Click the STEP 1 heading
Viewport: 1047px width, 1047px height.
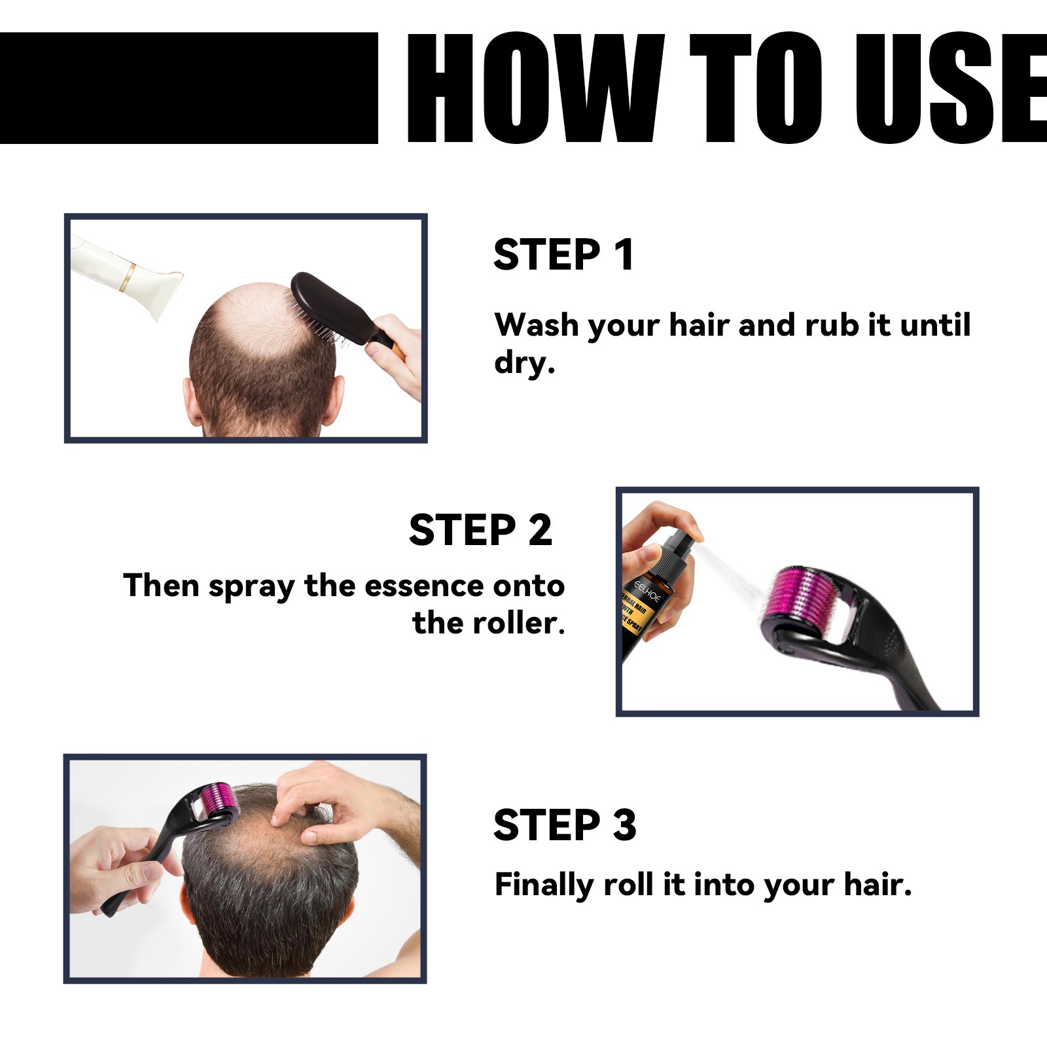point(563,255)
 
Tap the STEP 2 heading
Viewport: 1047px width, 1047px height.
point(480,529)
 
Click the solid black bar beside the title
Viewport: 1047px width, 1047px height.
point(188,88)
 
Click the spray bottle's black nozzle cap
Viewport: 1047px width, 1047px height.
point(677,550)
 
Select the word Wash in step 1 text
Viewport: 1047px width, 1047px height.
point(537,325)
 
